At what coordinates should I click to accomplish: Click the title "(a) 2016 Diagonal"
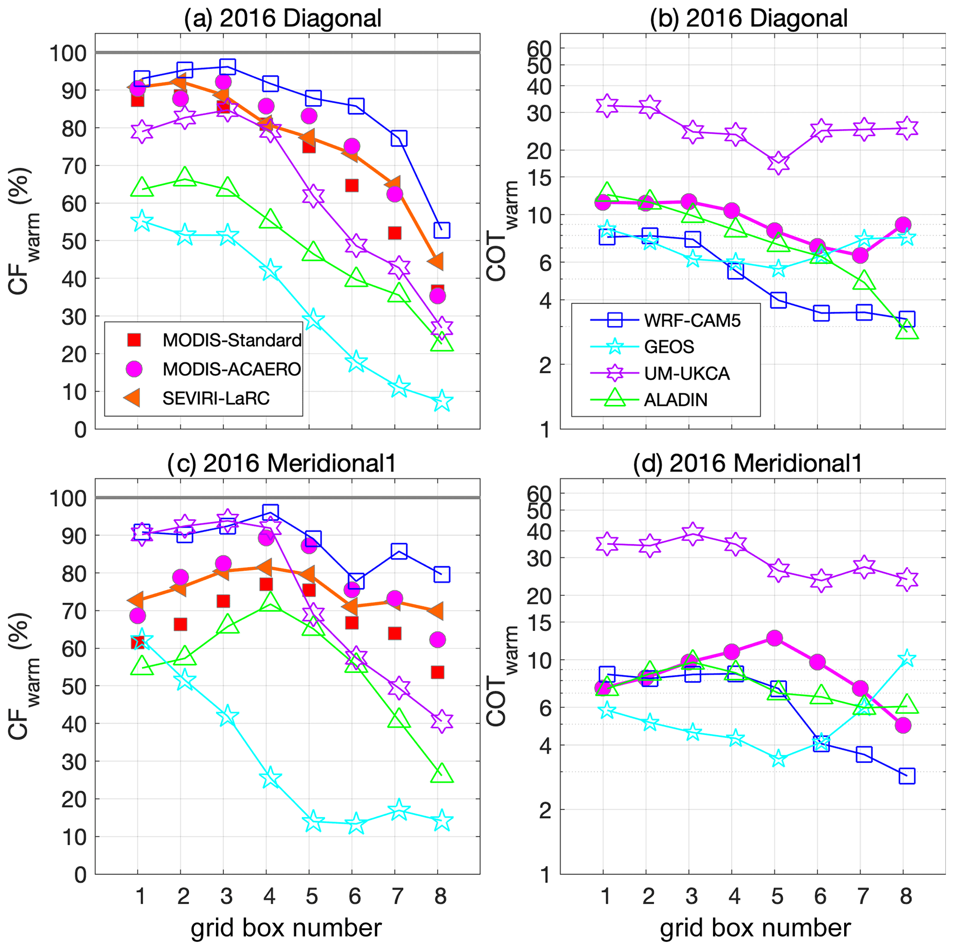point(282,19)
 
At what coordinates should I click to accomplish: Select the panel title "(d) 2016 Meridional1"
point(748,463)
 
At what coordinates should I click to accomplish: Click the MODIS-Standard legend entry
point(232,340)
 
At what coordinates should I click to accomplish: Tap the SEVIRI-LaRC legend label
point(216,398)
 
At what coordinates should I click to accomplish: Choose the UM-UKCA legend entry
point(686,373)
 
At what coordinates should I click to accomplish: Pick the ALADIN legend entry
point(675,399)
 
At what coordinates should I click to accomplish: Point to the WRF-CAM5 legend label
point(692,321)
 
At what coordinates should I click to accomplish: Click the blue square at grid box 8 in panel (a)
point(441,230)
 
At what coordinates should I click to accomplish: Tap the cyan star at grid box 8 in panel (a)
point(441,401)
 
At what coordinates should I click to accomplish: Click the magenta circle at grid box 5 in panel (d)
point(775,638)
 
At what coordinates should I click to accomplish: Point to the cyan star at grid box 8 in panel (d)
point(906,659)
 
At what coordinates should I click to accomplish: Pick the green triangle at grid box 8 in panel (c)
point(441,773)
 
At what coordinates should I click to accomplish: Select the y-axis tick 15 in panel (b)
point(538,177)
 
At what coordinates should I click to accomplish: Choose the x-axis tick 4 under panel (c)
point(270,896)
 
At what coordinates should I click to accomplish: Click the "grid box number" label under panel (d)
point(755,928)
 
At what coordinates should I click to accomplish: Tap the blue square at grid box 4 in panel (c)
point(270,512)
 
